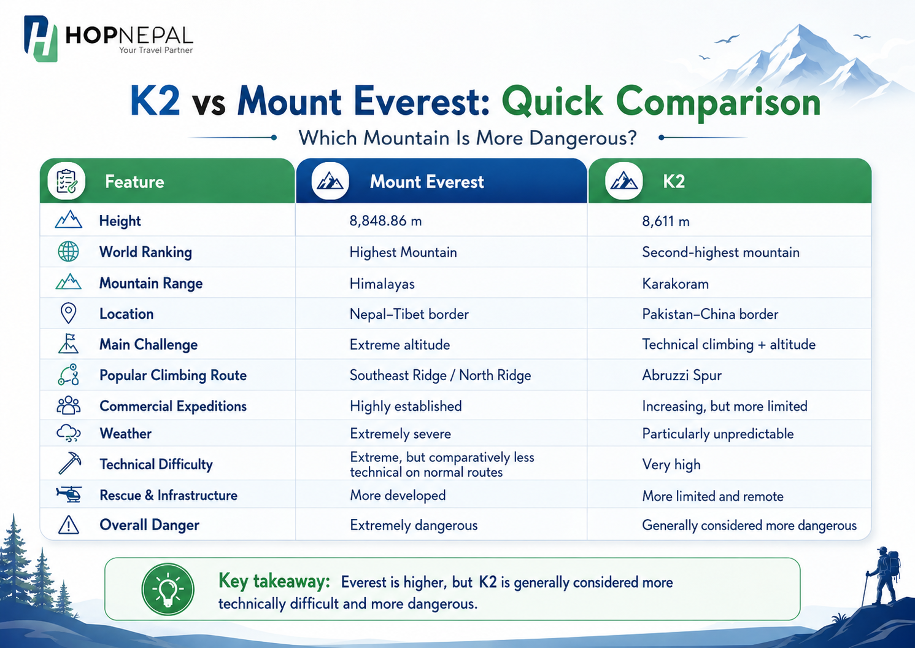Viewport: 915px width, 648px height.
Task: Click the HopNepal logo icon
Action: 41,39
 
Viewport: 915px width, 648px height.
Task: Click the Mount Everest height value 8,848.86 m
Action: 385,221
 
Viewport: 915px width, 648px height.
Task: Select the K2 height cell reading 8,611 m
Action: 665,221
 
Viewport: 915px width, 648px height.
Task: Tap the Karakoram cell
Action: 675,283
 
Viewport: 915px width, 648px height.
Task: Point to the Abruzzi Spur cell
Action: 682,375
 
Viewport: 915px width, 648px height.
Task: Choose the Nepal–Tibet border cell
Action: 409,314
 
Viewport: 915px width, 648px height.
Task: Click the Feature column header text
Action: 134,182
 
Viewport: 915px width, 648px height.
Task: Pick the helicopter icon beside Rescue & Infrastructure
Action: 69,494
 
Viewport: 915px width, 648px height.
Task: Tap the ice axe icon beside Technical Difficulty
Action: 69,463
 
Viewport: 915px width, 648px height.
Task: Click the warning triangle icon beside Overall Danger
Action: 69,525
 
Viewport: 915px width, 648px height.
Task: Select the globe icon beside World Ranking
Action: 68,251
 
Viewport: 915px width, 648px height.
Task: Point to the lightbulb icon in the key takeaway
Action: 168,589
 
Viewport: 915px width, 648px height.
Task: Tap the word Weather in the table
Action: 125,434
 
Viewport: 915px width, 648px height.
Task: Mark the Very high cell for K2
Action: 671,464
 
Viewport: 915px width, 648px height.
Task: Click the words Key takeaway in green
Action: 274,581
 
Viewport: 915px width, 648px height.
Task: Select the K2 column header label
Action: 674,182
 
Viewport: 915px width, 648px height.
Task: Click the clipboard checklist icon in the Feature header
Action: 66,181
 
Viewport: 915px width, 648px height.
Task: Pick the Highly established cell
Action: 406,406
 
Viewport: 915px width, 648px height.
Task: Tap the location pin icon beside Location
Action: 68,313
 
